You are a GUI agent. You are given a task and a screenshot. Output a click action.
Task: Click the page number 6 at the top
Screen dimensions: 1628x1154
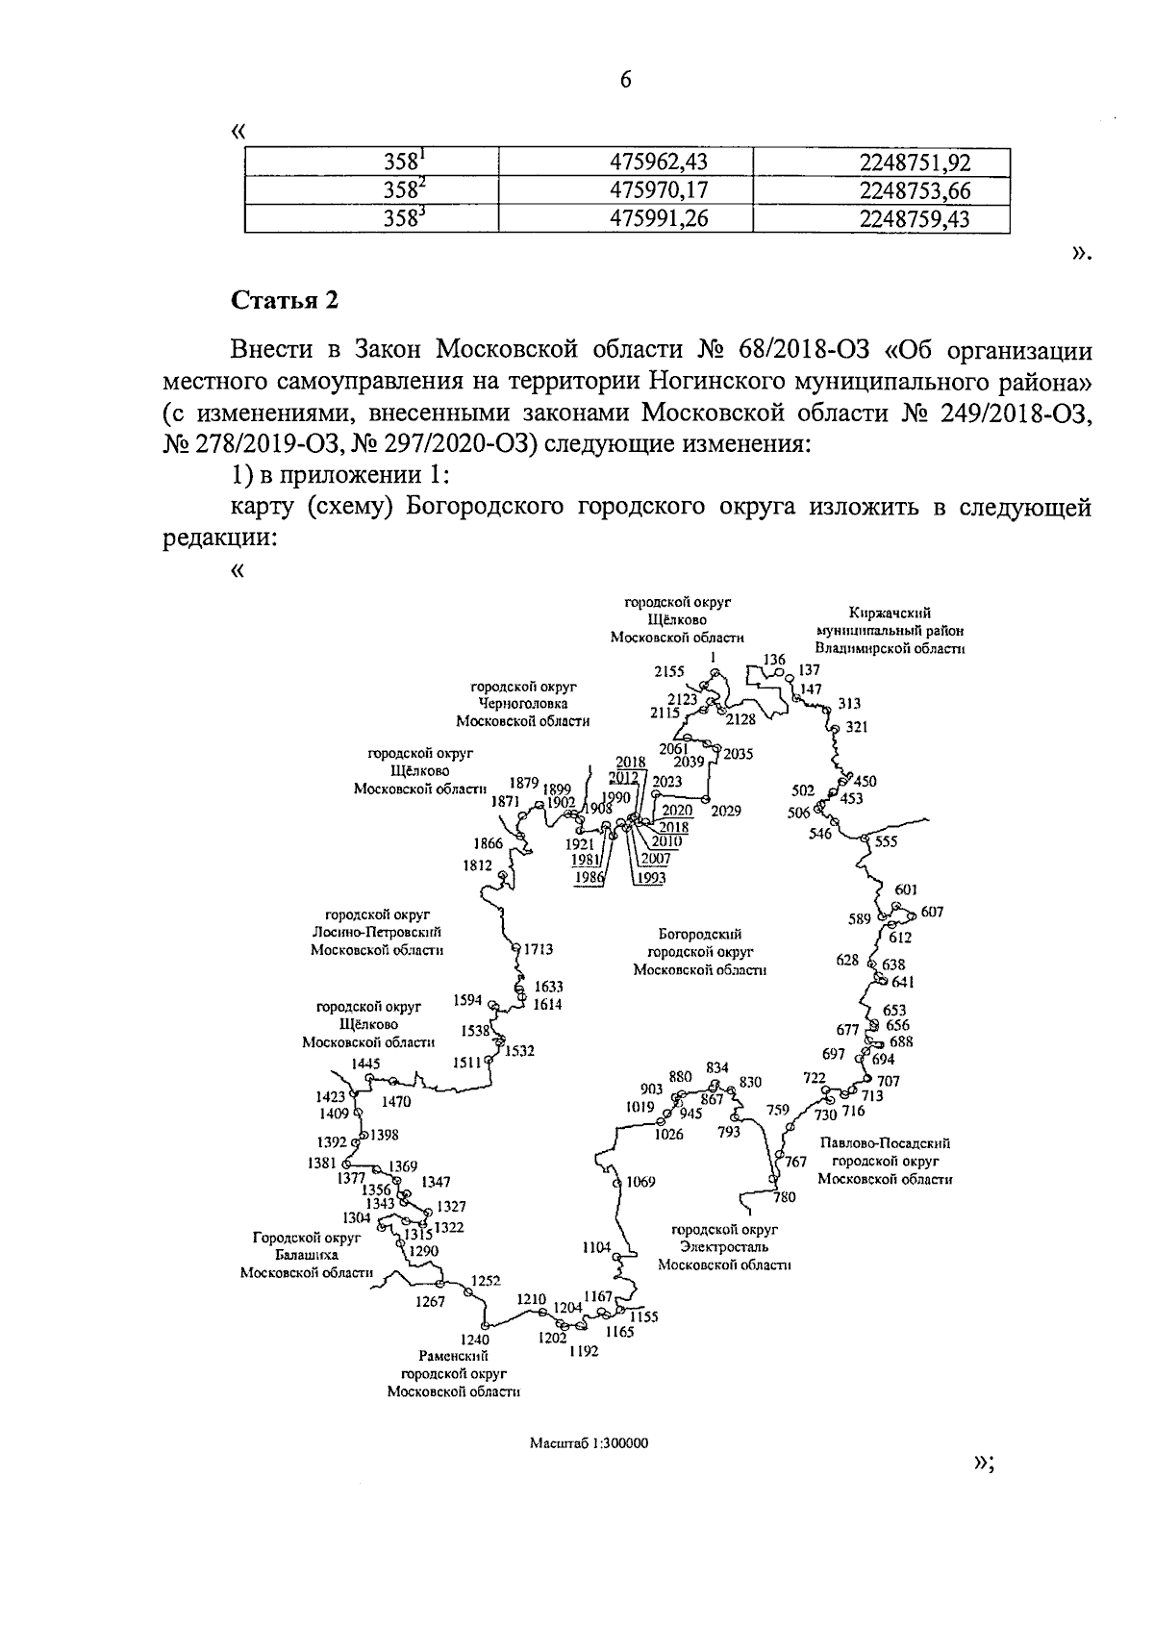tap(625, 81)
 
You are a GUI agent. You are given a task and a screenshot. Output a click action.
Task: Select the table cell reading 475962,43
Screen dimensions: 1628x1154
tap(660, 162)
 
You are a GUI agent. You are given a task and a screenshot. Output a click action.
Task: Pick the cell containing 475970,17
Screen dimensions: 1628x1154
tap(660, 190)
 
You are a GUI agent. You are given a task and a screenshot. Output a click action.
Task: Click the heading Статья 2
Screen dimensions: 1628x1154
tap(285, 300)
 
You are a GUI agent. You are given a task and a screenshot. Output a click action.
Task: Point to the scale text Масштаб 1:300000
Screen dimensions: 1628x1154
tap(590, 1443)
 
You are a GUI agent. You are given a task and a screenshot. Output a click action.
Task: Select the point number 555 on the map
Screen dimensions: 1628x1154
tap(886, 841)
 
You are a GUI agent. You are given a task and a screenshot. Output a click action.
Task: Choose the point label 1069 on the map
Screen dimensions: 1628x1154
tap(640, 1182)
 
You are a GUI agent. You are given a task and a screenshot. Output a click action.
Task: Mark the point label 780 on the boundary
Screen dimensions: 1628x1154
tap(785, 1196)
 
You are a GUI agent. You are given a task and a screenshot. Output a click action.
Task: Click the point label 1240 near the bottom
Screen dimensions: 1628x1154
tap(474, 1340)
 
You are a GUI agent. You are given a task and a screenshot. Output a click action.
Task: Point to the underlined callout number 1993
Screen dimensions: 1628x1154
tap(650, 877)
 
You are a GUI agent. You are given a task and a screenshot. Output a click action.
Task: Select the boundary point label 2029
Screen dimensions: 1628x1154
tap(726, 811)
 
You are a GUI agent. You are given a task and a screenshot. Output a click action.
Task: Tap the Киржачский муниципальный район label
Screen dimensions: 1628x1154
tap(890, 630)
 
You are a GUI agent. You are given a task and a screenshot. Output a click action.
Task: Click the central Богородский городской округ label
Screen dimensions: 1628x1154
tap(700, 952)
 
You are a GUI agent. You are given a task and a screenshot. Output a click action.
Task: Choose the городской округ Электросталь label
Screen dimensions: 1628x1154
tap(724, 1247)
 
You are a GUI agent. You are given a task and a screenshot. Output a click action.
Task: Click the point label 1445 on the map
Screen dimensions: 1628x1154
tap(366, 1064)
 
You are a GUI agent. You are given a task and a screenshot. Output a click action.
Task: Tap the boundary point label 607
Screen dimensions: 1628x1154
tap(932, 911)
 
